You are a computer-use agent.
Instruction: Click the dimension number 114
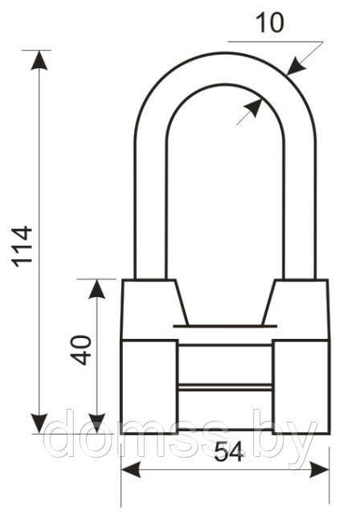[x=22, y=247]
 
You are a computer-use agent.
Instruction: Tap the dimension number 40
[x=81, y=350]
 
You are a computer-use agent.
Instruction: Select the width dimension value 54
[x=229, y=452]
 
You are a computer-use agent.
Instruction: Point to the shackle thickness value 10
[x=269, y=23]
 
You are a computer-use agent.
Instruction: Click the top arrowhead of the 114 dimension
[x=39, y=60]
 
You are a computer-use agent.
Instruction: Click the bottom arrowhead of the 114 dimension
[x=39, y=423]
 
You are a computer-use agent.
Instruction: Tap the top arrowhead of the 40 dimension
[x=96, y=289]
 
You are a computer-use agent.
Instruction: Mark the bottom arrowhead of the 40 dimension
[x=96, y=423]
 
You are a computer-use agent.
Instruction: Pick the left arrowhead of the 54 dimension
[x=131, y=470]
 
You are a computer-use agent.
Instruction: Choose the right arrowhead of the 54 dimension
[x=319, y=470]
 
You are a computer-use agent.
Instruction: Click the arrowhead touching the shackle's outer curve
[x=296, y=67]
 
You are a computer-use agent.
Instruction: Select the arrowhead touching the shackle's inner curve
[x=254, y=108]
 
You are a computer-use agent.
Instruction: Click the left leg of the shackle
[x=150, y=210]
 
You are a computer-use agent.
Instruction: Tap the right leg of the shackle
[x=300, y=210]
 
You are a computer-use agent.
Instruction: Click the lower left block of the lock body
[x=149, y=387]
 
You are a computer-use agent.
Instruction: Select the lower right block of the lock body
[x=301, y=387]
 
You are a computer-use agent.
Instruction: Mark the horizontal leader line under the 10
[x=276, y=42]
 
